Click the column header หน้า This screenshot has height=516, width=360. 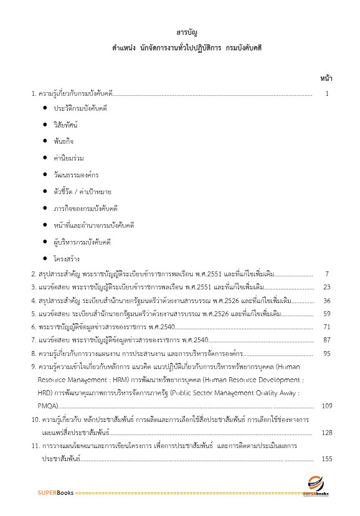pos(326,78)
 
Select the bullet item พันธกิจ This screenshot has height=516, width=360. pos(64,141)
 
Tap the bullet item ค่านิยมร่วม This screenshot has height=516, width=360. pos(67,158)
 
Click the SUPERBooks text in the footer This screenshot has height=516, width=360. pos(55,493)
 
